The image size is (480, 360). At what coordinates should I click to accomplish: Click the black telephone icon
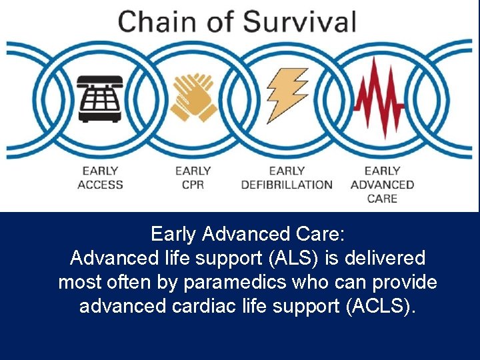[x=100, y=98]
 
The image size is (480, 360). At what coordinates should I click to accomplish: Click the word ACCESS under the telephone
[x=100, y=185]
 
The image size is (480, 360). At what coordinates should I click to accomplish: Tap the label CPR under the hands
[x=193, y=185]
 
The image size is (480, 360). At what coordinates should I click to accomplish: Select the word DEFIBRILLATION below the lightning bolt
[x=287, y=185]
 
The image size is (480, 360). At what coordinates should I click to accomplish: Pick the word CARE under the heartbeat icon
[x=382, y=198]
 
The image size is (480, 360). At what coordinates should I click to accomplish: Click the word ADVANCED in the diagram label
[x=382, y=185]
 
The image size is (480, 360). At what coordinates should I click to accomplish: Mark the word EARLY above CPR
[x=193, y=171]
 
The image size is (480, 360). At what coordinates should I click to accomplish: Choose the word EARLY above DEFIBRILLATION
[x=287, y=171]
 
